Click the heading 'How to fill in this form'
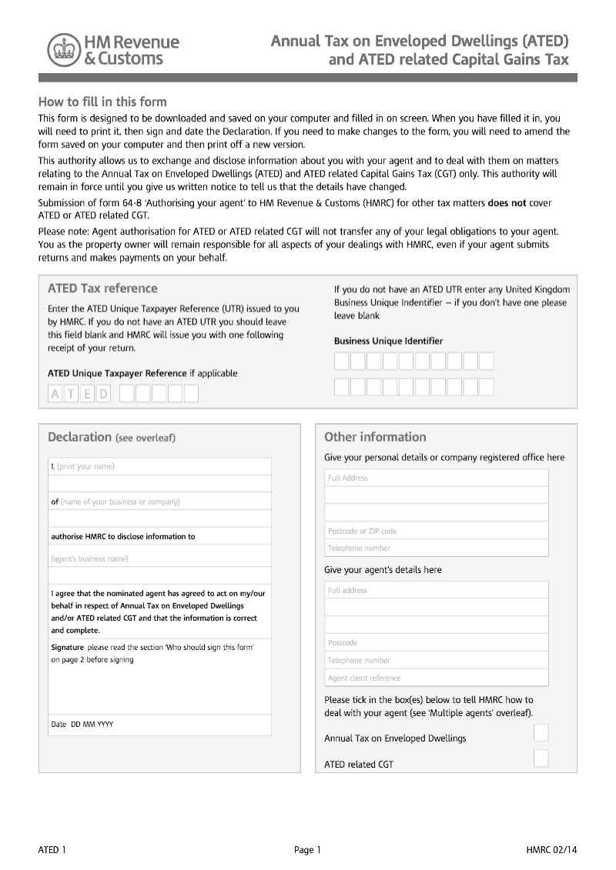[102, 102]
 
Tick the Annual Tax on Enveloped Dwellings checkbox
[541, 733]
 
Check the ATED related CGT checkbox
[541, 759]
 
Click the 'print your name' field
[159, 466]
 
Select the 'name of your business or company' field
[159, 502]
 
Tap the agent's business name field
[159, 559]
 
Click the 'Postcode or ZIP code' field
[436, 531]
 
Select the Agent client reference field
[436, 678]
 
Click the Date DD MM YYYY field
[159, 725]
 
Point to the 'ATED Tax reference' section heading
[102, 288]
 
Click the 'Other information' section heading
[375, 437]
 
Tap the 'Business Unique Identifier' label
[388, 341]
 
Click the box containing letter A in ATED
[55, 395]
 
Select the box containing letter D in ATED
[104, 395]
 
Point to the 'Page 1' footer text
[307, 850]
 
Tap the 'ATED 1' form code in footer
[52, 850]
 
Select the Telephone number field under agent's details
[436, 660]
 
